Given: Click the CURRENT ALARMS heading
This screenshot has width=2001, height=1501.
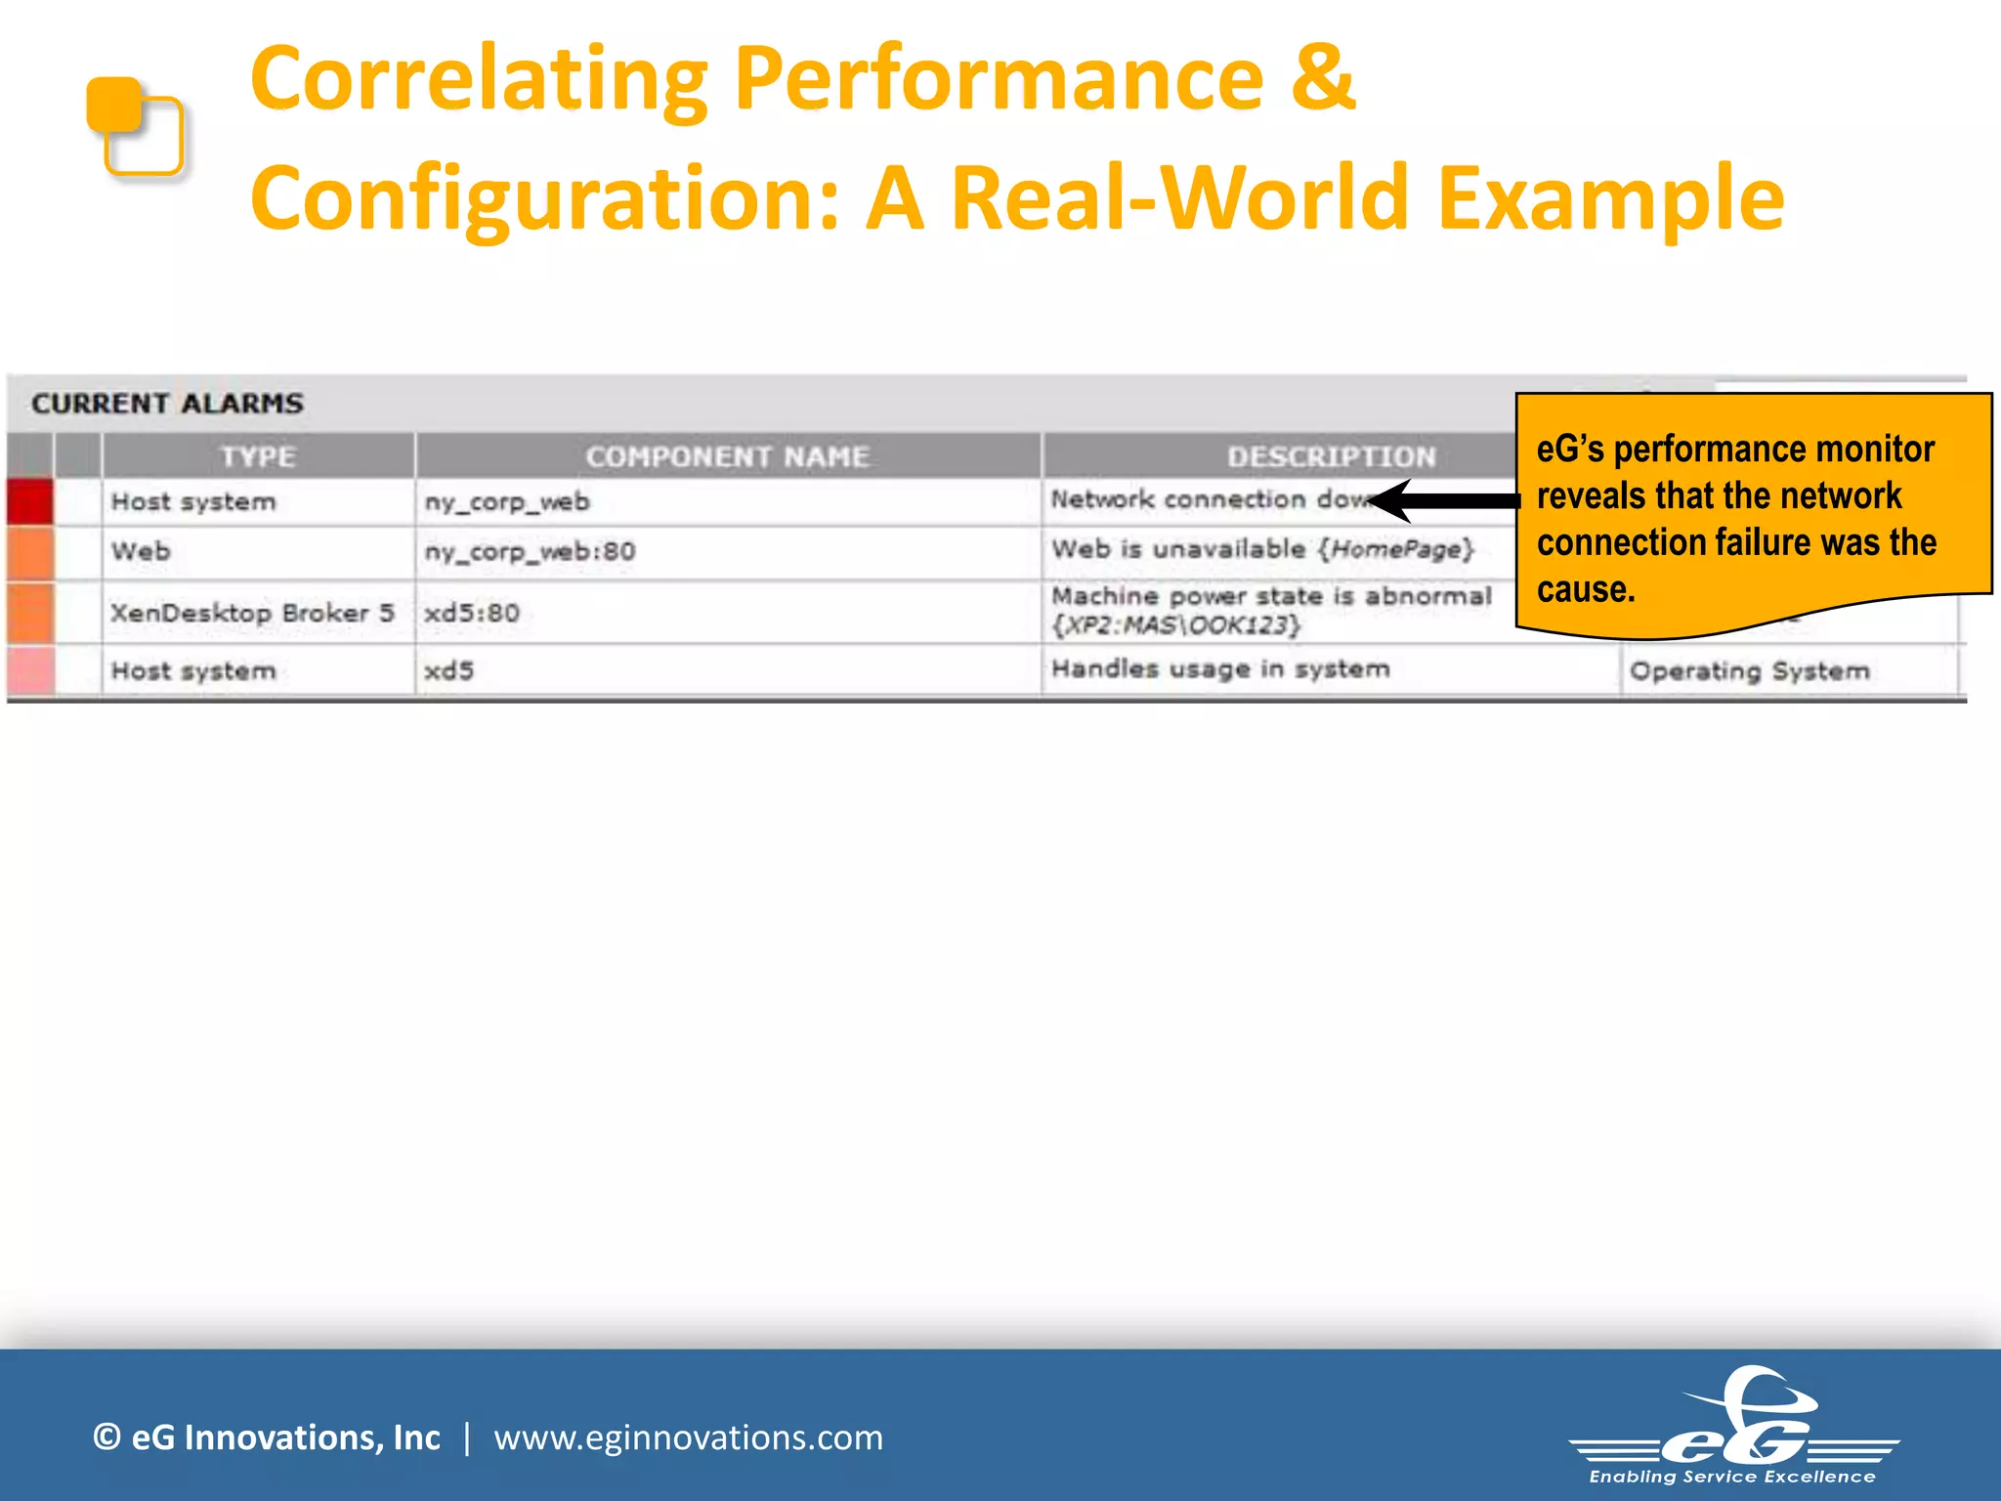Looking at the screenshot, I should point(167,404).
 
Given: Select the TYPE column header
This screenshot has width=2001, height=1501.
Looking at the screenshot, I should point(258,456).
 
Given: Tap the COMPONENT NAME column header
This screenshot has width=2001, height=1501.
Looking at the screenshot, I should point(727,456).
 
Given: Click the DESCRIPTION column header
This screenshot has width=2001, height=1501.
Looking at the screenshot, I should point(1331,456).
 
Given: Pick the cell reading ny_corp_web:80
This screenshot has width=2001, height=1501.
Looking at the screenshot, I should point(530,552).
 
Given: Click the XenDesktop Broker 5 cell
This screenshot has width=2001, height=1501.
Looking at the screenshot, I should point(252,613).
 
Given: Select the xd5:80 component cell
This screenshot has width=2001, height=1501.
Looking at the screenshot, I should point(472,613).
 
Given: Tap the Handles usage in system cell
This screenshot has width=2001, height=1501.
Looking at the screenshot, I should point(1219,669).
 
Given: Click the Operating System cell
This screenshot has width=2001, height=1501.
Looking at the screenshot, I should point(1749,671).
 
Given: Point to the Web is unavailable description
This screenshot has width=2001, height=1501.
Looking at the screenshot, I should point(1261,549).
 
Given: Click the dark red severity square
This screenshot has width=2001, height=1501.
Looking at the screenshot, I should point(29,501).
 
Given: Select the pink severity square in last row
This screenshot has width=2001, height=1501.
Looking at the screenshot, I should point(29,670).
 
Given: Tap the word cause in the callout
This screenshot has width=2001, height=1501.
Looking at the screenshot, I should point(1584,589).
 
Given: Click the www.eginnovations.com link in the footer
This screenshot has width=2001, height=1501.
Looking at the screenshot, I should point(688,1437).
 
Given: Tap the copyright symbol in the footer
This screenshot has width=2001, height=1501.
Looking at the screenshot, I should point(106,1437).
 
